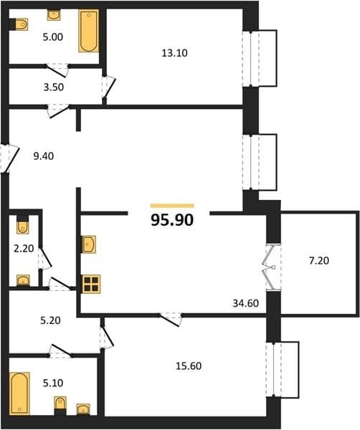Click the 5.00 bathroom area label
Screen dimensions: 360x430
[x=52, y=37]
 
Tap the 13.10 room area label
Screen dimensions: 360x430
[x=174, y=53]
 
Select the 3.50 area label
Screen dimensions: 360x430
[x=54, y=87]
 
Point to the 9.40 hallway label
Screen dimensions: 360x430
[x=43, y=156]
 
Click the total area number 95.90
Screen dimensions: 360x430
[x=172, y=220]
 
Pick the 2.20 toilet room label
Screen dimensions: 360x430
[x=24, y=249]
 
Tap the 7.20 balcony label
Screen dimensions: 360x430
[x=319, y=261]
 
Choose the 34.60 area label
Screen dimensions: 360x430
[x=245, y=303]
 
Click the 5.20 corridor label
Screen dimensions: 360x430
[x=50, y=320]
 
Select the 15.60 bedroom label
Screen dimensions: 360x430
[x=189, y=365]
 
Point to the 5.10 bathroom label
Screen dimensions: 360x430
[x=53, y=383]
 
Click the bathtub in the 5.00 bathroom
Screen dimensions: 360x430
[x=89, y=31]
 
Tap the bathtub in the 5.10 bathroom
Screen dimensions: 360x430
[x=19, y=393]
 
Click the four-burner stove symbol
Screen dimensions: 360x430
[x=91, y=284]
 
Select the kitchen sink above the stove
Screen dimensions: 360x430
[x=89, y=244]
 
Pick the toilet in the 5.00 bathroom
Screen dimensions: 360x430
[x=22, y=24]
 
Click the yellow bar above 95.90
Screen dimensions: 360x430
[x=172, y=206]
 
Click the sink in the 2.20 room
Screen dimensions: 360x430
[x=24, y=280]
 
